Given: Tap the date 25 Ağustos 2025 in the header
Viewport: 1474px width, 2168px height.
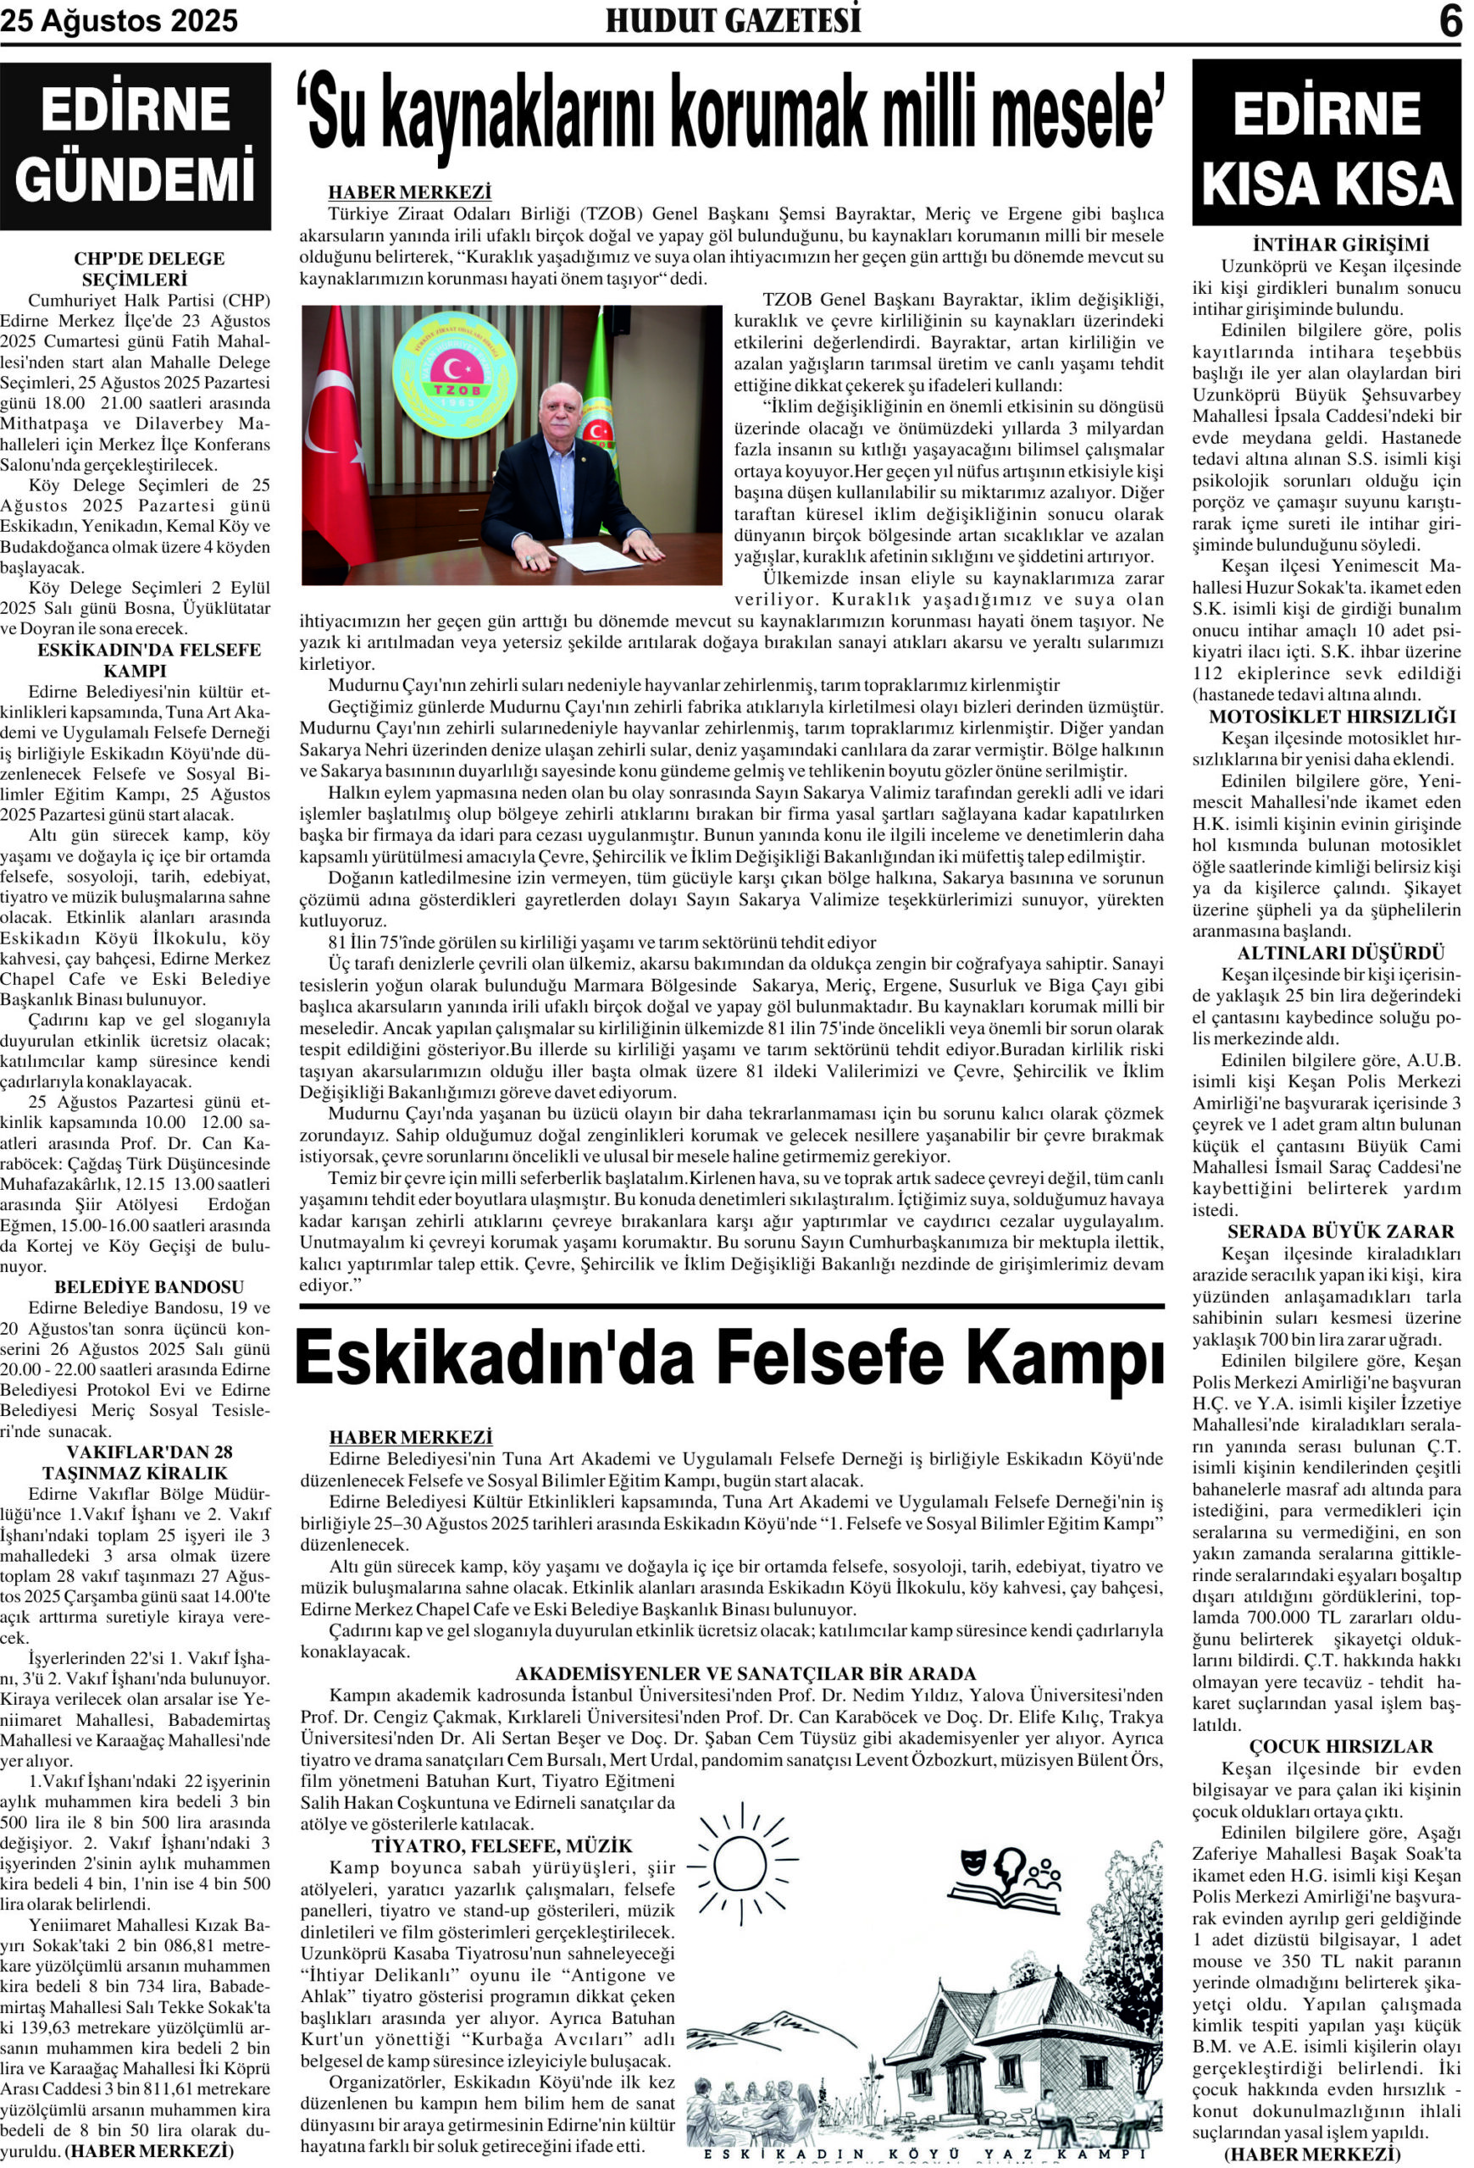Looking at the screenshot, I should tap(119, 21).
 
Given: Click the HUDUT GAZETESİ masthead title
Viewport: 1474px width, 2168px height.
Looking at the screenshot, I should tap(734, 20).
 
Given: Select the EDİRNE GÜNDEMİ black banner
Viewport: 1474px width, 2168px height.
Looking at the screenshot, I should tap(136, 147).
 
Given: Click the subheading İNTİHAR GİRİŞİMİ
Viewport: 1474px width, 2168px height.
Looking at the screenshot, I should tap(1327, 246).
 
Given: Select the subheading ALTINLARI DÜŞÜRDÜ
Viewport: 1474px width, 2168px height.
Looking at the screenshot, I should tap(1327, 954).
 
